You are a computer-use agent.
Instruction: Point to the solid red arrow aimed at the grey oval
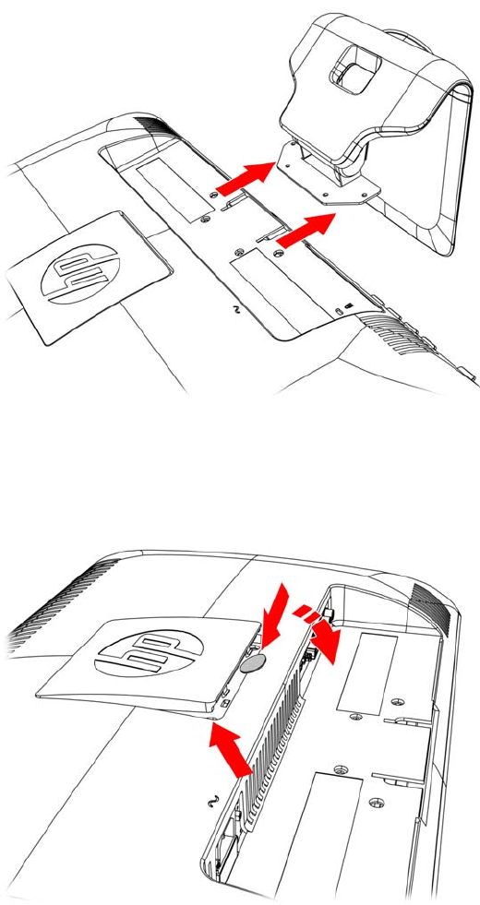(275, 614)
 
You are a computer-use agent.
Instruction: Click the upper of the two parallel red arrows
(245, 176)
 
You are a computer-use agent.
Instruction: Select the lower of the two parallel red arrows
(306, 228)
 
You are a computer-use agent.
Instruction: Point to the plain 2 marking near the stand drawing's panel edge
(234, 309)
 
